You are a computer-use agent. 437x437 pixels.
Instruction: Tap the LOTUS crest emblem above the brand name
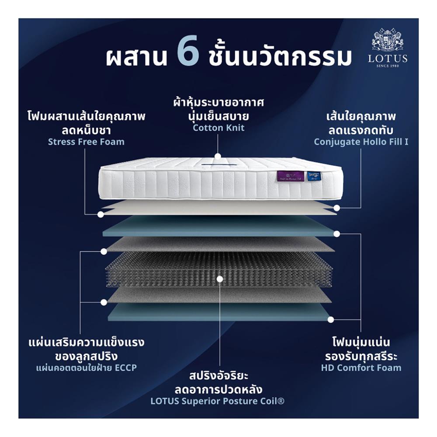coord(387,40)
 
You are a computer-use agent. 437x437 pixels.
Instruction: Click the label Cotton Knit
coord(218,128)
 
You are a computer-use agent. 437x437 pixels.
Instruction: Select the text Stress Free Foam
coord(86,142)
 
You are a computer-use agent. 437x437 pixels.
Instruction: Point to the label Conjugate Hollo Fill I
coord(361,142)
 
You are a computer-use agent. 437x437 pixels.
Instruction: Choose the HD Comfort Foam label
coord(361,368)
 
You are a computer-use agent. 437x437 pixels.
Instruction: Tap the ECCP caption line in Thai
coord(87,368)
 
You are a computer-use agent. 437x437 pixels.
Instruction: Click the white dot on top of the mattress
coord(217,156)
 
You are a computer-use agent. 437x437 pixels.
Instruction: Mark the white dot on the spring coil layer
coord(220,278)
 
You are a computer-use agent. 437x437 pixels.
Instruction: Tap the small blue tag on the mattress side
coord(314,176)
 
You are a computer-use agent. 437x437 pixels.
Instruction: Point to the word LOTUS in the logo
coord(388,58)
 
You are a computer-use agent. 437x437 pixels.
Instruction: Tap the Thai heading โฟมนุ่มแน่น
coord(361,341)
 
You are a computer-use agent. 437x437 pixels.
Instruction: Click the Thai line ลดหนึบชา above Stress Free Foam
coord(86,130)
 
